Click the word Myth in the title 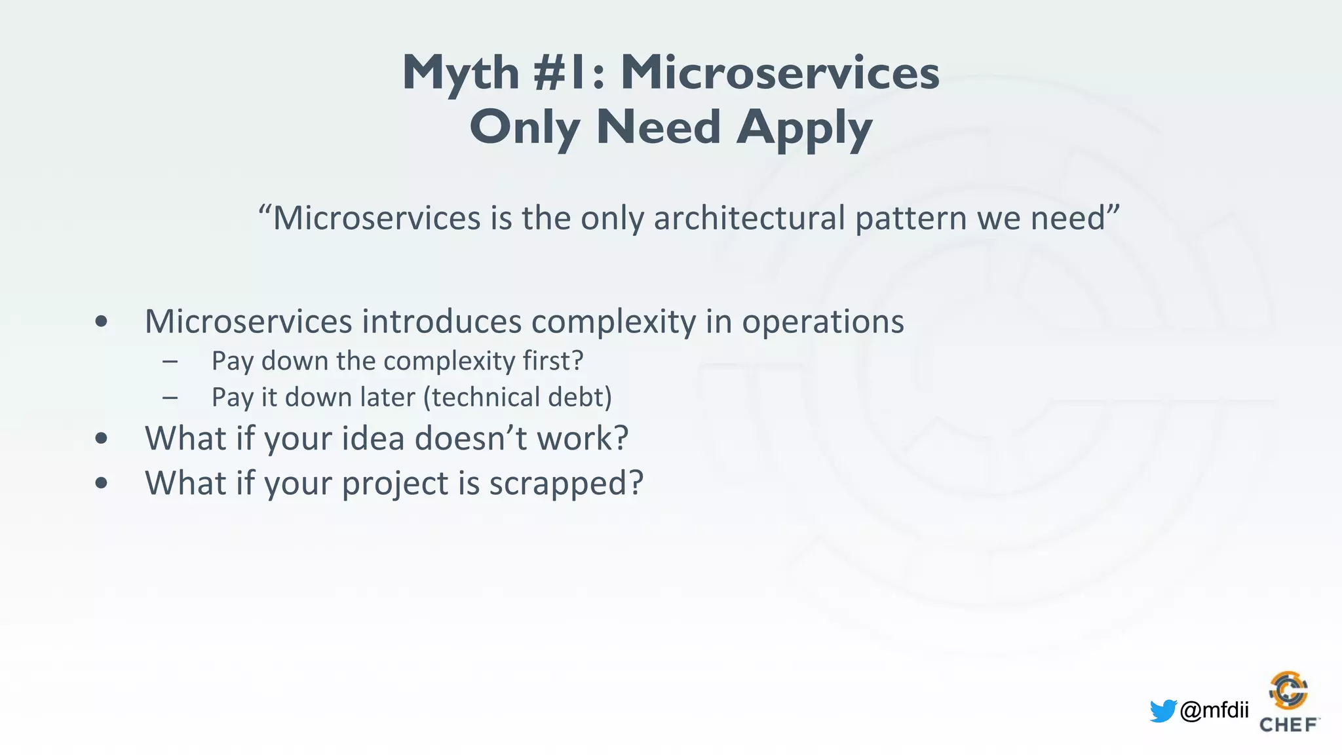(461, 73)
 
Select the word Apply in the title (804, 128)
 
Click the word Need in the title (659, 127)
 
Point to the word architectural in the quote (749, 218)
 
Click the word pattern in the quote (910, 218)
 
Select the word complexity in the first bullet (613, 322)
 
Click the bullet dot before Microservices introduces (101, 321)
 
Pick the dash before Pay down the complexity (170, 361)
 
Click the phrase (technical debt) (518, 397)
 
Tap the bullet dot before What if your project (101, 483)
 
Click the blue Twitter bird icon (1162, 710)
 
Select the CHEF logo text (1288, 725)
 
